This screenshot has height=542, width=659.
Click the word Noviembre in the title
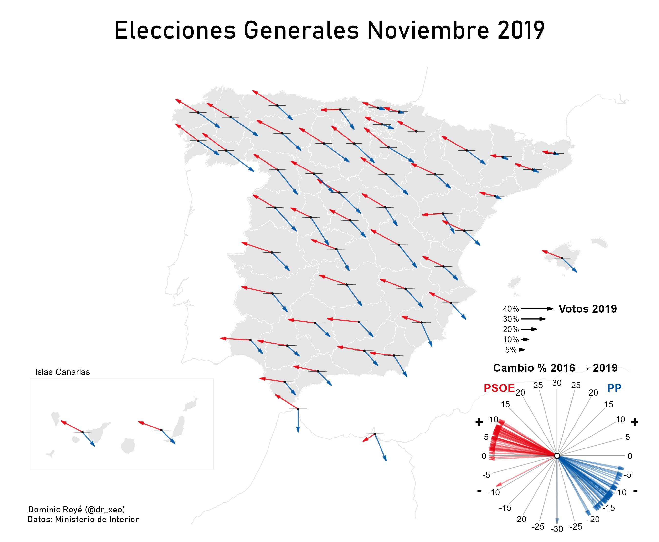point(428,30)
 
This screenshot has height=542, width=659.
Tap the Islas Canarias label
point(62,372)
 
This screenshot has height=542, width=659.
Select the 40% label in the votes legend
point(510,309)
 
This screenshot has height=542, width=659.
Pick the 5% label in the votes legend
point(511,350)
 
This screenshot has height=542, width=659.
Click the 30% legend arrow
point(533,319)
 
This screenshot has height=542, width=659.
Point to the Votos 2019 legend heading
point(587,309)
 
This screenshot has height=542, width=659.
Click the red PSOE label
point(499,388)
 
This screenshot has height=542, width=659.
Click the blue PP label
point(614,388)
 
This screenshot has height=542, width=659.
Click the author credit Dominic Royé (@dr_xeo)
point(76,510)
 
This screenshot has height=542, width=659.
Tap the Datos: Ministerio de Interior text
point(83,519)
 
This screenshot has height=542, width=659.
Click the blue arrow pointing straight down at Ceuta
point(298,421)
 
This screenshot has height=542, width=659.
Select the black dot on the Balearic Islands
point(562,258)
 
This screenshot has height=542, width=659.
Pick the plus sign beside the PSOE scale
point(479,422)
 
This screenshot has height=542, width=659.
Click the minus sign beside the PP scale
point(635,491)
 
